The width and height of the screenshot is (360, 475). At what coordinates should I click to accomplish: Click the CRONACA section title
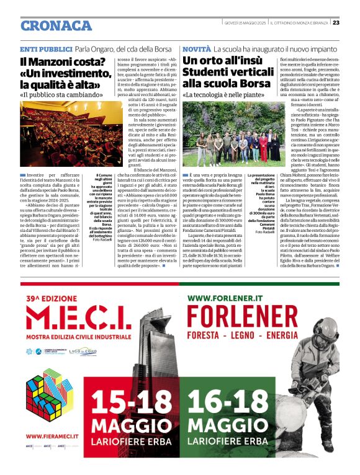55,25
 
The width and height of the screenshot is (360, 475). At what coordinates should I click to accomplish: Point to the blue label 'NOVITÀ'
196,48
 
